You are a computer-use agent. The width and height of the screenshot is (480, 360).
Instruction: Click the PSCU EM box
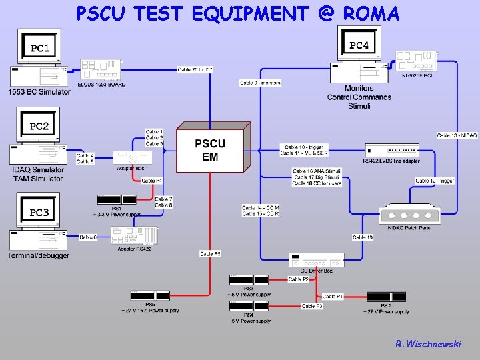point(210,151)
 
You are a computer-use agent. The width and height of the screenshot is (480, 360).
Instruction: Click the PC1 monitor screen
point(39,47)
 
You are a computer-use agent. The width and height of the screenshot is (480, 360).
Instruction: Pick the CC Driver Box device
point(316,261)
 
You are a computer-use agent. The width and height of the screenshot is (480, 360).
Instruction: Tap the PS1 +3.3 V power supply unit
point(117,200)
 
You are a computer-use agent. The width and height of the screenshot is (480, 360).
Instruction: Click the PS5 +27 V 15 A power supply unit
point(150,295)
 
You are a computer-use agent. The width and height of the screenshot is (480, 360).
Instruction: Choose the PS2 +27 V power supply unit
point(387,297)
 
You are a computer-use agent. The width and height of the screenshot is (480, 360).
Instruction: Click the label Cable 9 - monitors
point(261,83)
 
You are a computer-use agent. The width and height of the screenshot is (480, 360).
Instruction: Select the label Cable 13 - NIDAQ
point(457,135)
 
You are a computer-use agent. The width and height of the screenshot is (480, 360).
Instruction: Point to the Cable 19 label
point(363,237)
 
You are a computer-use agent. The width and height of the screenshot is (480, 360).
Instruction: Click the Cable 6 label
point(88,237)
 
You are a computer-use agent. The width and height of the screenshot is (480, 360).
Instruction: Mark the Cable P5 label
point(211,253)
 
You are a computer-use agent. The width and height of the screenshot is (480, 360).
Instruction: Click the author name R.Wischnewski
point(427,344)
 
